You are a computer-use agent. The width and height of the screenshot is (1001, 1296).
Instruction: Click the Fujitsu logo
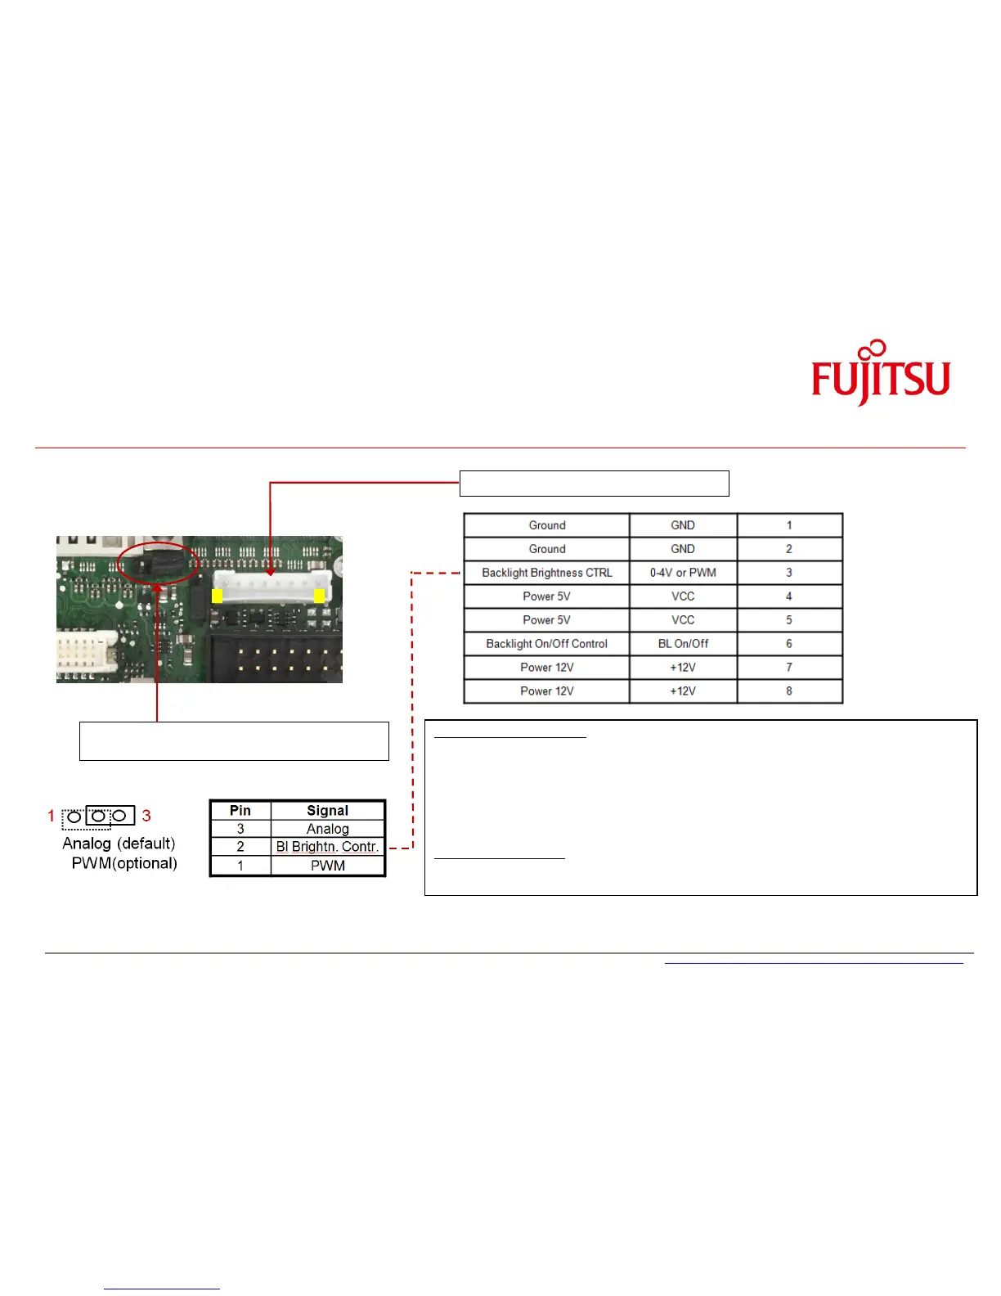880,373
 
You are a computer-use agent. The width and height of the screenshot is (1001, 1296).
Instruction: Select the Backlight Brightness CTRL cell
546,573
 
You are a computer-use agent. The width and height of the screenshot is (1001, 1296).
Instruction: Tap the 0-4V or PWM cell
683,573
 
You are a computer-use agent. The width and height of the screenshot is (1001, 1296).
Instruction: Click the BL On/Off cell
683,644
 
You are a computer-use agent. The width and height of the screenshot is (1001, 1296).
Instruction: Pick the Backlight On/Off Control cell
546,644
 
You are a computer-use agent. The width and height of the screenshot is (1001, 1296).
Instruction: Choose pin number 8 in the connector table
788,691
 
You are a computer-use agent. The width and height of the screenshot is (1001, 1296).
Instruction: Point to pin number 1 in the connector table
788,525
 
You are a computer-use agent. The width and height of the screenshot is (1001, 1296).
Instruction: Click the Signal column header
327,811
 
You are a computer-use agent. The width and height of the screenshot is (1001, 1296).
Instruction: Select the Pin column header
240,811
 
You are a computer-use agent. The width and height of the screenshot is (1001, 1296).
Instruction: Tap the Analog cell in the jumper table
327,829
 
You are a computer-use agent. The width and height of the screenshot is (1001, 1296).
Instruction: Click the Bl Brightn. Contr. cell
327,846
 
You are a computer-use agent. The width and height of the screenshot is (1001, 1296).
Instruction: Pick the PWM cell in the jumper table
327,866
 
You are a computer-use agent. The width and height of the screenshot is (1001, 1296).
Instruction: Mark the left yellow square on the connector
217,596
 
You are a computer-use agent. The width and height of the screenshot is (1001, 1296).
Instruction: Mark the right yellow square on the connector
319,595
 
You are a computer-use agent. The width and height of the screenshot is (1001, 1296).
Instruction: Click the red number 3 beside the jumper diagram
146,815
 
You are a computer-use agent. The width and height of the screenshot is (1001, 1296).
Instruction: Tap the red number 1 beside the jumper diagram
52,815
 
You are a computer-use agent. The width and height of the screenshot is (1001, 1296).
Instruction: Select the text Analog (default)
119,844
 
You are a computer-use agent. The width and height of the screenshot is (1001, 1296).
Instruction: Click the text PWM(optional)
124,863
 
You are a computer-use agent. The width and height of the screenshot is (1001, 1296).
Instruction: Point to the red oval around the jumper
118,563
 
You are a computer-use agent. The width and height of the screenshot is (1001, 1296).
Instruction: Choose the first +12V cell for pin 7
683,668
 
